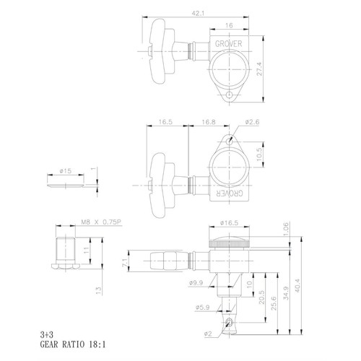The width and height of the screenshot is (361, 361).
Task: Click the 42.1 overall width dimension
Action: (198, 14)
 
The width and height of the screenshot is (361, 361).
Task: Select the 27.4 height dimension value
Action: (259, 69)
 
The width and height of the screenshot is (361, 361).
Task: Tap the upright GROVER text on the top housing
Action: (228, 44)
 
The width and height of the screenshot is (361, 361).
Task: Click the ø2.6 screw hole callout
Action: (252, 122)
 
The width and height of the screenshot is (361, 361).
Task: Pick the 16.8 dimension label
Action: (209, 122)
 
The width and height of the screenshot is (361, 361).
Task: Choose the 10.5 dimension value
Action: (259, 155)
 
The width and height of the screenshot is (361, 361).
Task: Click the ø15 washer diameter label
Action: (66, 171)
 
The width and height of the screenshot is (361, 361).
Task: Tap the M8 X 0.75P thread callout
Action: (100, 222)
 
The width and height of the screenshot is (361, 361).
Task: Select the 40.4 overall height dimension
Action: (297, 286)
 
